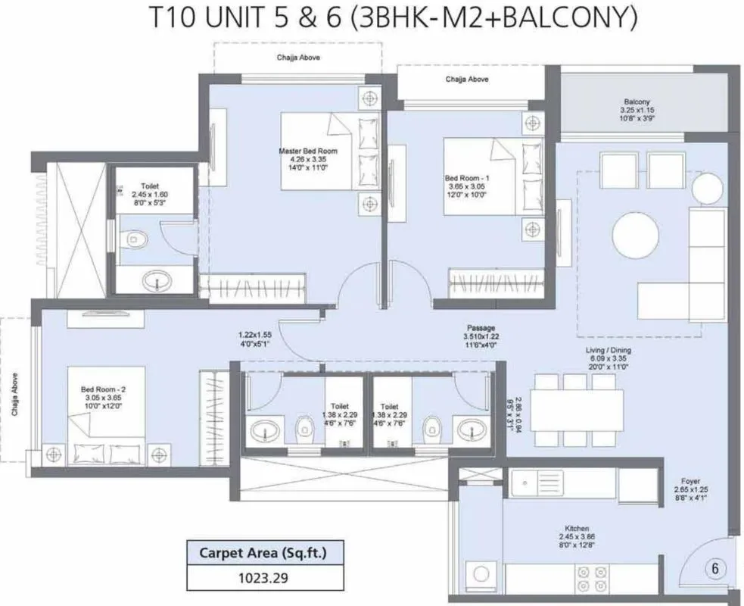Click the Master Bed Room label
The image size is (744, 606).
click(308, 151)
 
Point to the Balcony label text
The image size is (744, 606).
click(637, 102)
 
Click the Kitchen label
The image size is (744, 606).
click(577, 528)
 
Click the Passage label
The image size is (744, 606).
click(480, 327)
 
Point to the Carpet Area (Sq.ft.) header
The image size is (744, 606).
click(263, 553)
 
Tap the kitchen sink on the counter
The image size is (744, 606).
click(538, 483)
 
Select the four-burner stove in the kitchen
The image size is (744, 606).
click(592, 579)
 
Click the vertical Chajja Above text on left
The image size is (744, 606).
click(15, 393)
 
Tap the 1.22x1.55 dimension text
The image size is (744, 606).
click(255, 334)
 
